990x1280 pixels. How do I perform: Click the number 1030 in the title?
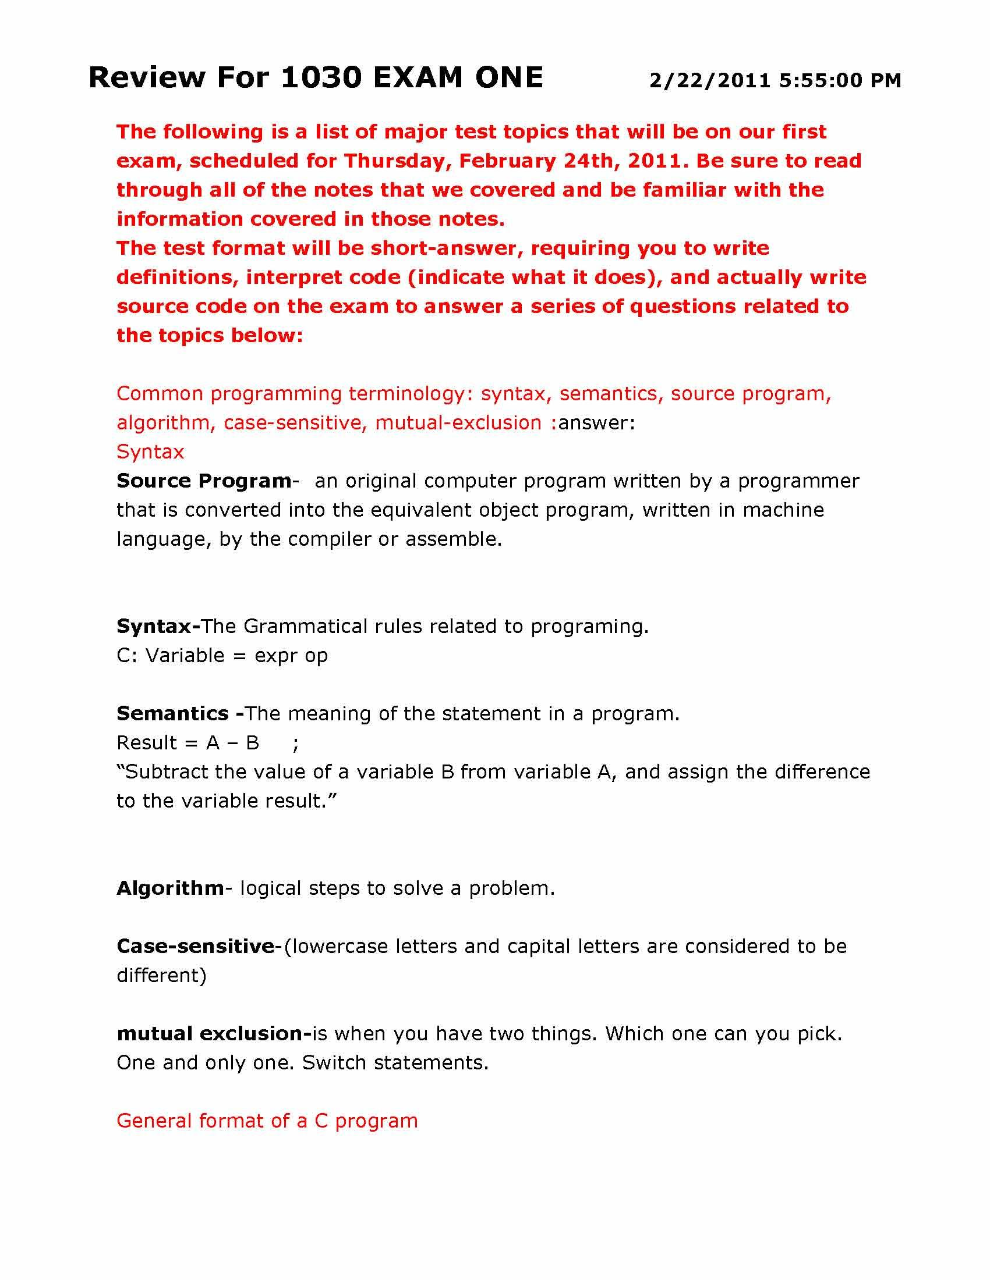[x=320, y=78]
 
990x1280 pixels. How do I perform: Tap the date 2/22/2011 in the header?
[x=710, y=81]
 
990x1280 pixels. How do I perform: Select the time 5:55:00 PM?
[x=840, y=81]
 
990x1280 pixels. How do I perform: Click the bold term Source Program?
[x=203, y=481]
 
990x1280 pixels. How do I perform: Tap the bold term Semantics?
[x=172, y=714]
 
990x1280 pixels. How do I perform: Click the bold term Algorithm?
[x=170, y=888]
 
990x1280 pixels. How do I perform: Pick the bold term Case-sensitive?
[x=195, y=947]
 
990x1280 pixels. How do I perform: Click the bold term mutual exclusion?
[x=214, y=1034]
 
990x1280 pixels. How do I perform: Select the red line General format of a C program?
[x=267, y=1121]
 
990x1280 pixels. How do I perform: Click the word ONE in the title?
[x=509, y=78]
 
